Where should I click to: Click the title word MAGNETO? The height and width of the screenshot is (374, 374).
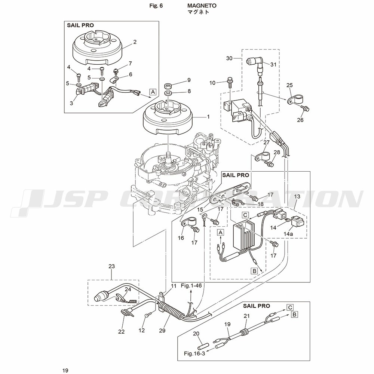pyautogui.click(x=202, y=6)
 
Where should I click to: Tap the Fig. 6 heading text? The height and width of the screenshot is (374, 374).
pyautogui.click(x=156, y=6)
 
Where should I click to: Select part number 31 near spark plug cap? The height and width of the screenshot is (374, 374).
pyautogui.click(x=273, y=64)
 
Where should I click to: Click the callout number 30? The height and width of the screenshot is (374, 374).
pyautogui.click(x=229, y=58)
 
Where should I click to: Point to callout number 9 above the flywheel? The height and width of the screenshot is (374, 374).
pyautogui.click(x=189, y=80)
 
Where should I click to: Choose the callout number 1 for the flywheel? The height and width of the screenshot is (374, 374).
pyautogui.click(x=208, y=117)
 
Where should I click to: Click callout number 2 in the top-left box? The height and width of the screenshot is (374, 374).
pyautogui.click(x=135, y=42)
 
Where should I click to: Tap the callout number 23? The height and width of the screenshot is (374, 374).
pyautogui.click(x=111, y=266)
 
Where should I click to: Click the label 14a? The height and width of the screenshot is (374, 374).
pyautogui.click(x=288, y=234)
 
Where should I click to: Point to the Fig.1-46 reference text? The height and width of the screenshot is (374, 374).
pyautogui.click(x=191, y=285)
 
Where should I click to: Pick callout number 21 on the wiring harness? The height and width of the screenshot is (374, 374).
pyautogui.click(x=246, y=316)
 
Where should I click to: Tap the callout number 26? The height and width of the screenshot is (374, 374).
pyautogui.click(x=300, y=120)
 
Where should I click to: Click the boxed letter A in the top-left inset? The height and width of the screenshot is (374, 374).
pyautogui.click(x=153, y=91)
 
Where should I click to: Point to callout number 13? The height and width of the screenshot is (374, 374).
pyautogui.click(x=297, y=197)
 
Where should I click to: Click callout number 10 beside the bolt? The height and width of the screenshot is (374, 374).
pyautogui.click(x=212, y=83)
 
